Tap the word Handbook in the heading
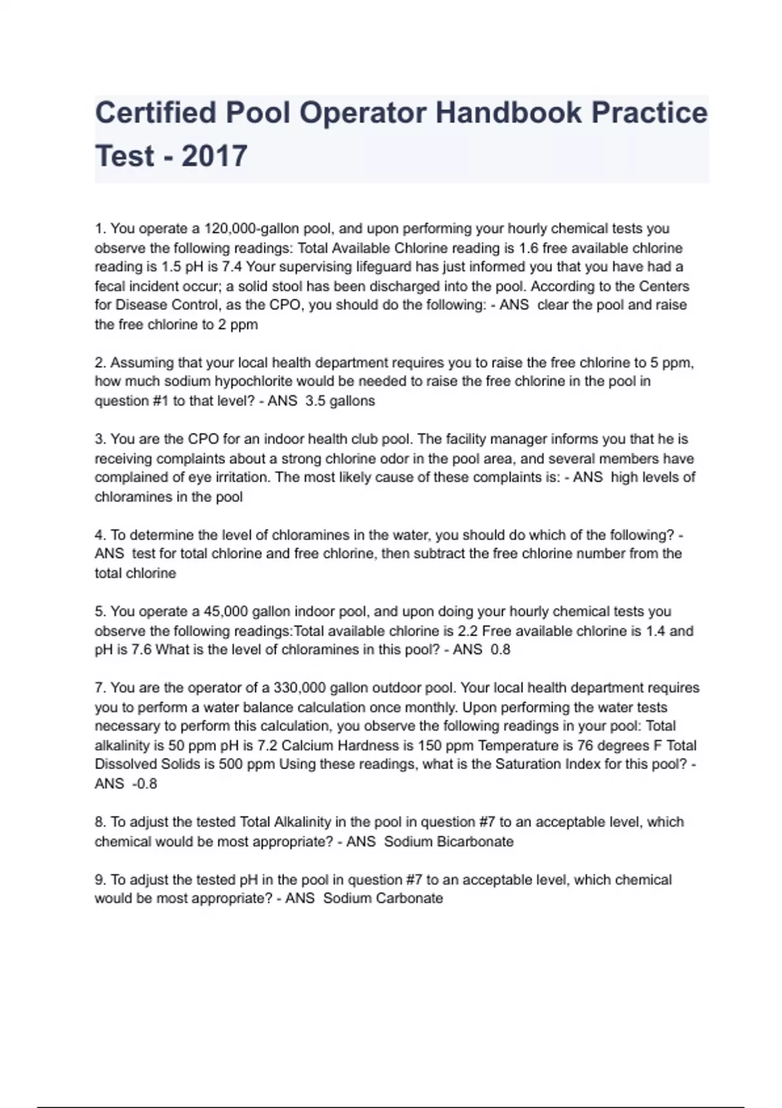click(x=508, y=113)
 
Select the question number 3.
click(x=100, y=439)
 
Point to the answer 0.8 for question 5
click(x=500, y=650)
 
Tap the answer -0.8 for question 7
click(x=145, y=784)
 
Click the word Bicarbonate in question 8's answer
click(x=475, y=841)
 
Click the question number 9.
click(x=100, y=880)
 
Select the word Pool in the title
click(x=258, y=113)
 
